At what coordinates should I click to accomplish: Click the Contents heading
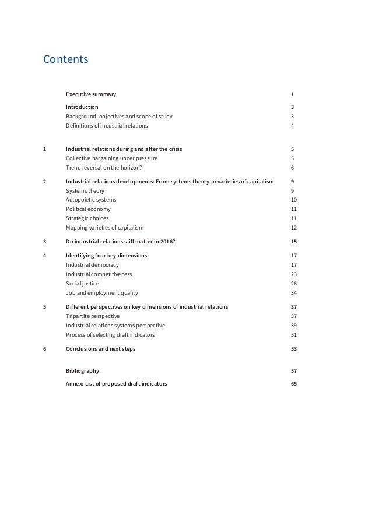[x=66, y=59]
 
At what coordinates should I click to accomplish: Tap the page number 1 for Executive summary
[x=292, y=94]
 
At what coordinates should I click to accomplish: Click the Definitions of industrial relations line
[x=107, y=125]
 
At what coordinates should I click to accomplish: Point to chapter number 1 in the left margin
[x=45, y=149]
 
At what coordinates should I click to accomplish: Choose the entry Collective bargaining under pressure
[x=111, y=158]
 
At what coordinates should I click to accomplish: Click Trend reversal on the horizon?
[x=104, y=167]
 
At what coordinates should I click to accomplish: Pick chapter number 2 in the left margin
[x=45, y=181]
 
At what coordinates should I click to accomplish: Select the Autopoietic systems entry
[x=90, y=200]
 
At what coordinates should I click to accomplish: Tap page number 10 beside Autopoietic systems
[x=293, y=200]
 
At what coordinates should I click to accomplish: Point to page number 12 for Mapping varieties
[x=293, y=228]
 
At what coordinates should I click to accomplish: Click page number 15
[x=293, y=242]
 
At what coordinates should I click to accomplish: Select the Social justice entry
[x=82, y=284]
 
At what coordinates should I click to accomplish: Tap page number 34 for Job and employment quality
[x=293, y=293]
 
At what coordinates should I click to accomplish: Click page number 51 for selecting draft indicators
[x=293, y=335]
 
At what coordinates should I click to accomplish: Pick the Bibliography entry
[x=82, y=370]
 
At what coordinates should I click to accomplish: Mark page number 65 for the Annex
[x=293, y=384]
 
